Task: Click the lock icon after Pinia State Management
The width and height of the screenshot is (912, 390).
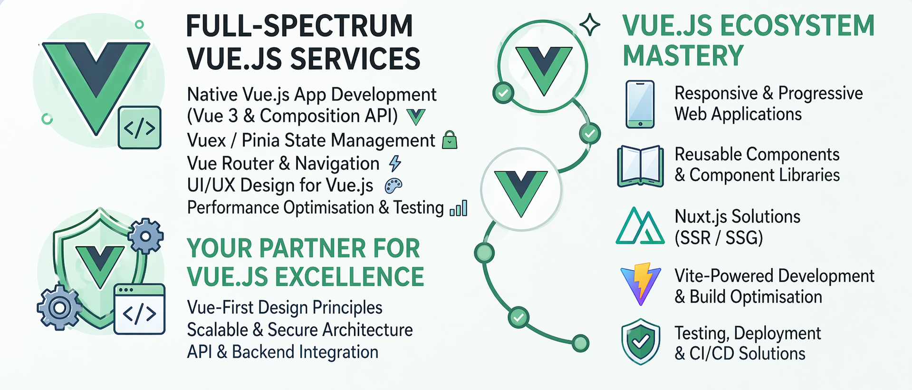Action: pos(449,140)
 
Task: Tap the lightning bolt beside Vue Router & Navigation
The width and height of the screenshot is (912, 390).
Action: pos(395,163)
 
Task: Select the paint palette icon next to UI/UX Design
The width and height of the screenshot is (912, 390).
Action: pos(393,185)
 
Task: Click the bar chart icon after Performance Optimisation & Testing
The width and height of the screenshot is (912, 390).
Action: pos(458,208)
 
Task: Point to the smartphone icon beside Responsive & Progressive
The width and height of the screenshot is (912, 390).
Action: pos(640,104)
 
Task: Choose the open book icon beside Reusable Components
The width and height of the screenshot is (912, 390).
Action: pos(640,166)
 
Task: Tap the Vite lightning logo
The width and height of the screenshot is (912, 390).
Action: pos(641,284)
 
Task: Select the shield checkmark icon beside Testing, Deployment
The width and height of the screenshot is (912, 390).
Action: pos(641,341)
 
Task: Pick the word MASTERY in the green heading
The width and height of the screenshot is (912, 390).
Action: pos(683,56)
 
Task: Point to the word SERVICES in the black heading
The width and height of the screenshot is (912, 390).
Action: pos(355,59)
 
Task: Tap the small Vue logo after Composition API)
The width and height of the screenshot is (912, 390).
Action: pos(416,117)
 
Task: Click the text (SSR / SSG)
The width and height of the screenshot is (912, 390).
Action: pos(719,237)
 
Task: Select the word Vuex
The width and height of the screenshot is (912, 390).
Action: pos(207,141)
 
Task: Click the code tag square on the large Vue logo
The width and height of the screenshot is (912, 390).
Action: pos(140,128)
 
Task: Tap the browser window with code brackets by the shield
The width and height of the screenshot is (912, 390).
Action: pos(140,309)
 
